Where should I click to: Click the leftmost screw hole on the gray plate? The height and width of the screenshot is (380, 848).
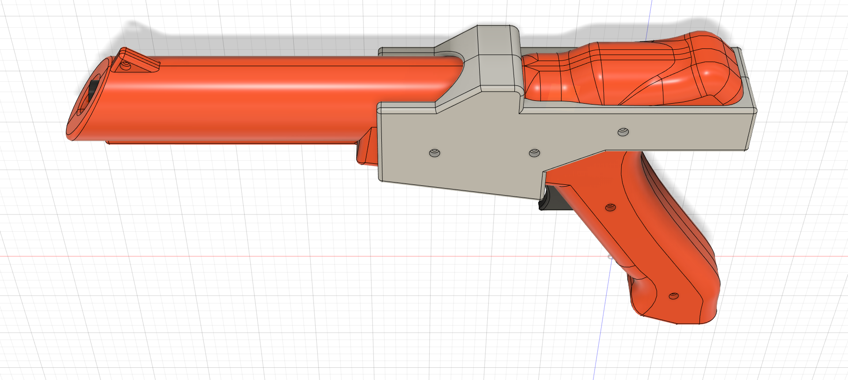[x=435, y=153]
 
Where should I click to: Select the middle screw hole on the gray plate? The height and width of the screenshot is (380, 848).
[x=534, y=153]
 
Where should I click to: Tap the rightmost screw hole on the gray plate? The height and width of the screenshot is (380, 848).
[x=623, y=132]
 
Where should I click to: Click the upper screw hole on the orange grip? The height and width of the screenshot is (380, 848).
[x=610, y=207]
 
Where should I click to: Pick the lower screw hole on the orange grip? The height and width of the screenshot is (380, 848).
[x=674, y=296]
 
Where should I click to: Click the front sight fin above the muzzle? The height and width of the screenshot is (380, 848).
[x=139, y=61]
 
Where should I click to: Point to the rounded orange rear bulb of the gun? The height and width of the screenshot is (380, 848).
[x=703, y=70]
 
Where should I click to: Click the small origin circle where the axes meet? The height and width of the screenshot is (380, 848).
[x=610, y=257]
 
